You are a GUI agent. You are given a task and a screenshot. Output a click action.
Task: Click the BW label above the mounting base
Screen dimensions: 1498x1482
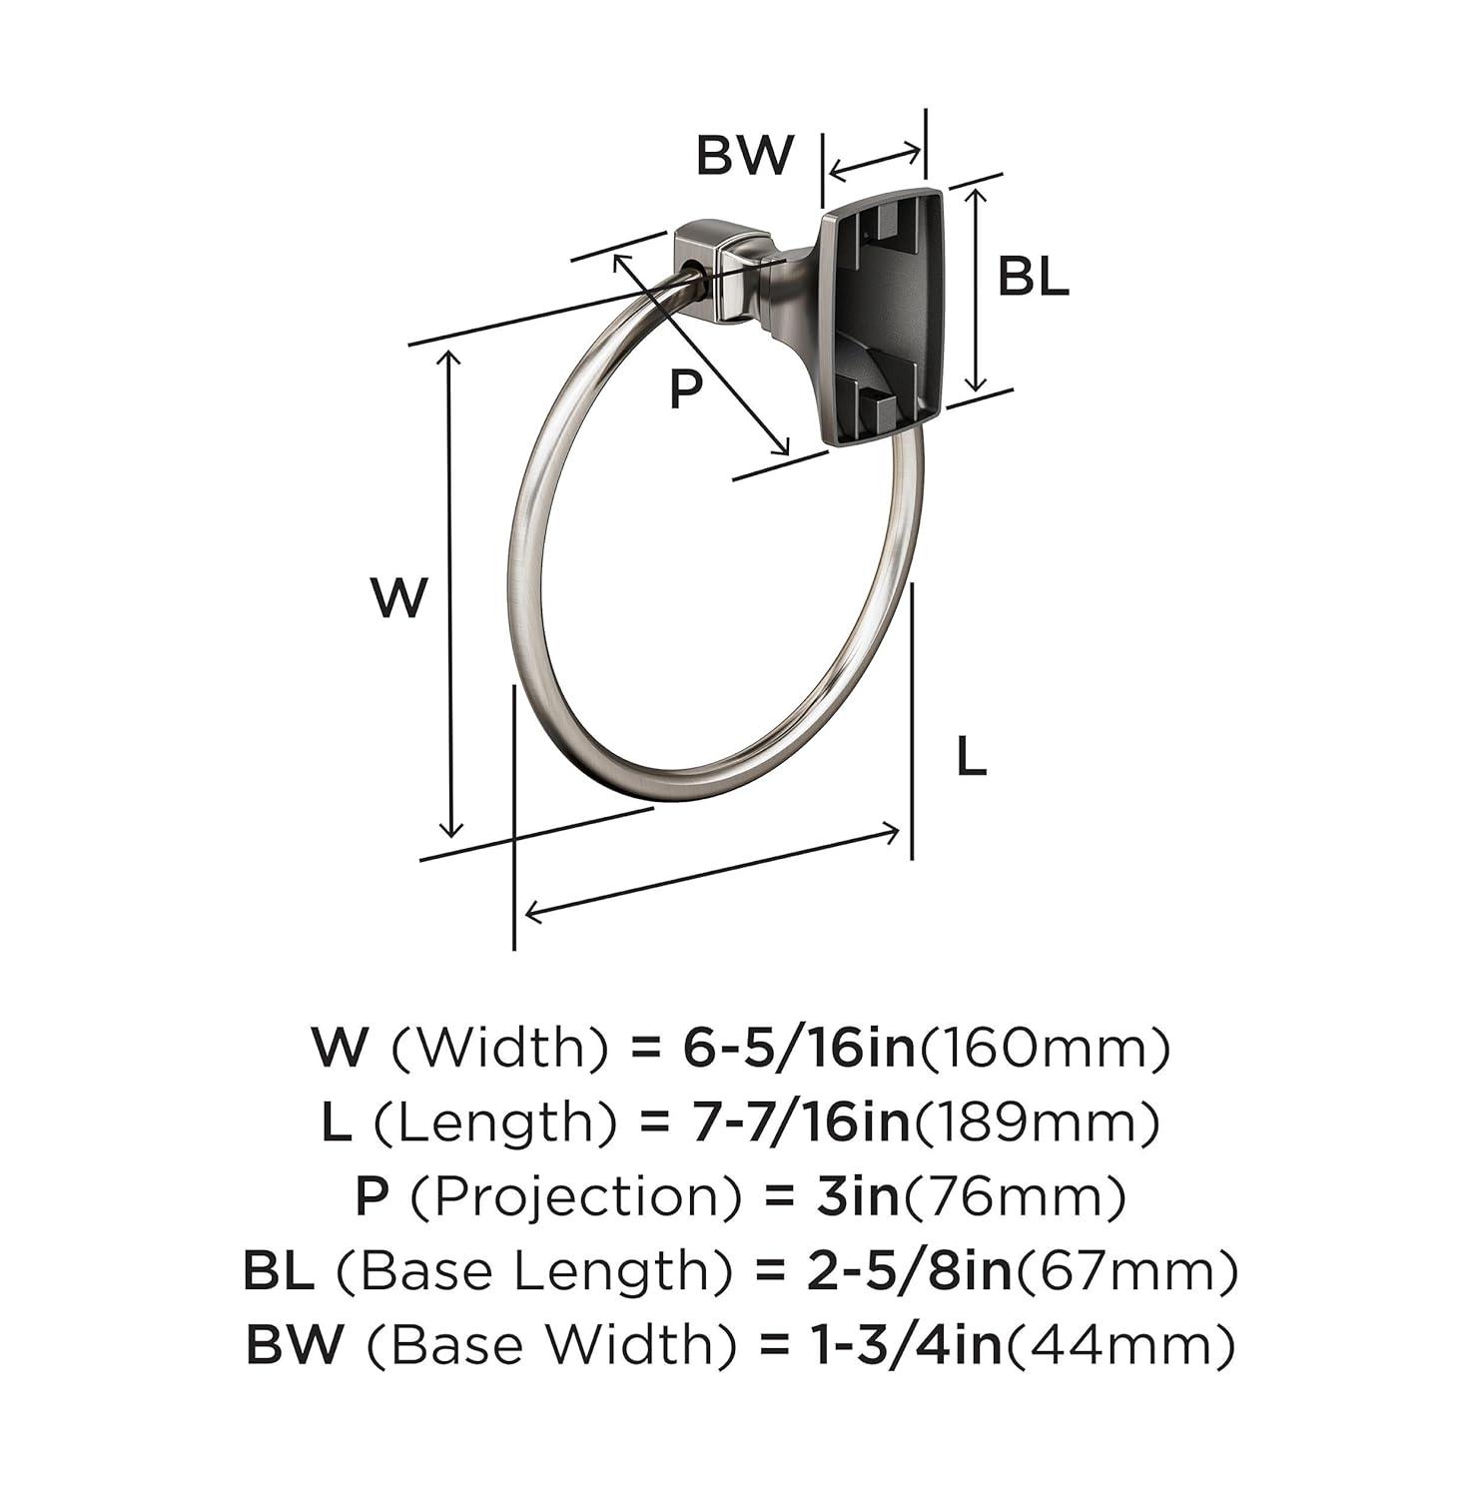744,156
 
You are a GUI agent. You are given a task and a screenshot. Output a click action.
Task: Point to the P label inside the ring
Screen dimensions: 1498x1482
685,387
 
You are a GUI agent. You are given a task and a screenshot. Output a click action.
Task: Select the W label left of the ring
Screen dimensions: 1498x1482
398,597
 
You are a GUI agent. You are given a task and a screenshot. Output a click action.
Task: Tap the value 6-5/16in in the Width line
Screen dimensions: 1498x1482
799,1048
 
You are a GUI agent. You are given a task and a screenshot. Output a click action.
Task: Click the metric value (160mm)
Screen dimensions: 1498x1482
1045,1048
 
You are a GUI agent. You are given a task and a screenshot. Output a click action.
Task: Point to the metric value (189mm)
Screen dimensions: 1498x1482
1039,1122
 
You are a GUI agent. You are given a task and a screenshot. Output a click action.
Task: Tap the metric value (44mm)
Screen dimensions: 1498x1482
1120,1345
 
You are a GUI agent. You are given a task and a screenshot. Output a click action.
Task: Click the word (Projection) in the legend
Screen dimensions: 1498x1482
577,1196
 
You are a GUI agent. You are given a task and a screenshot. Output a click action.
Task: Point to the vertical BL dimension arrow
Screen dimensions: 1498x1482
978,290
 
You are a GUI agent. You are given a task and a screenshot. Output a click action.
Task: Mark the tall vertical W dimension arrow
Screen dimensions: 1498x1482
451,594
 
